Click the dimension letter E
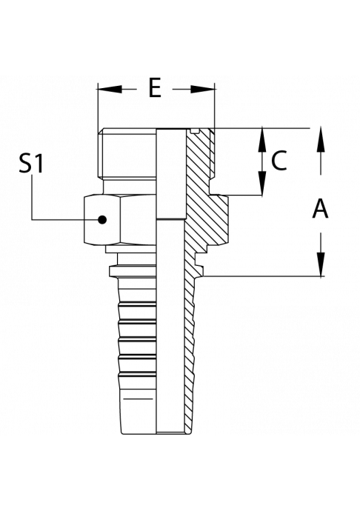pos(155,88)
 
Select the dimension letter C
pos(279,161)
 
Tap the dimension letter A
pos(320,209)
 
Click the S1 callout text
pos(31,164)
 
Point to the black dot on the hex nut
pos(103,220)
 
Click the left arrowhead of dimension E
pos(110,89)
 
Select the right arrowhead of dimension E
pos(203,89)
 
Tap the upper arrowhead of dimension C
pos(262,140)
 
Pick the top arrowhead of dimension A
pos(321,139)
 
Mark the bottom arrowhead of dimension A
pos(321,264)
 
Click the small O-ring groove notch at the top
pos(195,131)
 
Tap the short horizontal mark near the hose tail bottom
pos(139,398)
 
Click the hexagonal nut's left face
pos(102,220)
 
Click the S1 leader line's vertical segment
pos(32,198)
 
